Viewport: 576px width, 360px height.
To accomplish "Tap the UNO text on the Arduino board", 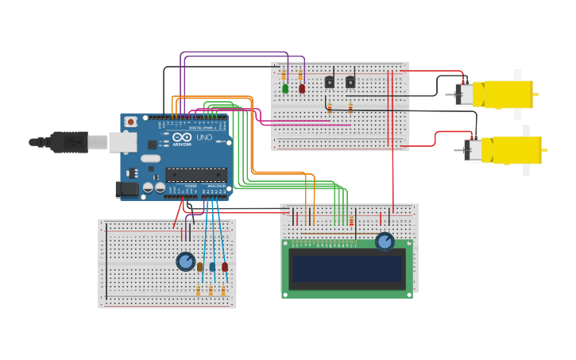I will [203, 138].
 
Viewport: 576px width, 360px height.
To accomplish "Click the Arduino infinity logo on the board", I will [181, 137].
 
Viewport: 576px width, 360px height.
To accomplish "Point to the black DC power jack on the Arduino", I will [126, 189].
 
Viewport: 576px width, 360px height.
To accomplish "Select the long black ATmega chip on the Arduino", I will [195, 175].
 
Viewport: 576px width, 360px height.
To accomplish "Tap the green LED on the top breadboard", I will [285, 88].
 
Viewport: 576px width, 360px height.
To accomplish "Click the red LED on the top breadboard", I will [301, 88].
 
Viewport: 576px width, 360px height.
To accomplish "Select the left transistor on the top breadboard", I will [329, 81].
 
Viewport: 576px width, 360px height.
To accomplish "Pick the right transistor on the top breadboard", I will [350, 81].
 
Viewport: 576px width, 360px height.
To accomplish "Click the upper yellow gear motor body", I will [502, 95].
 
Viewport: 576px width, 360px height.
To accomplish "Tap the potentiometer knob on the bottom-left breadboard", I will [185, 261].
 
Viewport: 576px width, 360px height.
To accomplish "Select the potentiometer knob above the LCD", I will [385, 241].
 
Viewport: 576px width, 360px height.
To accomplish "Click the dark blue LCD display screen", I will [347, 269].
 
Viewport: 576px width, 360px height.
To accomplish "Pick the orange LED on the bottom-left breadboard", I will [199, 267].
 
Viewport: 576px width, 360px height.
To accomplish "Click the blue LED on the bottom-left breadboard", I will [212, 267].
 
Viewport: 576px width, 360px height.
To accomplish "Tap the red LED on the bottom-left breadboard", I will [225, 267].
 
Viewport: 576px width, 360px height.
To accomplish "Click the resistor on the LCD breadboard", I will [351, 220].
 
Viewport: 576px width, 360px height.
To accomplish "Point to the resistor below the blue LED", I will [211, 291].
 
